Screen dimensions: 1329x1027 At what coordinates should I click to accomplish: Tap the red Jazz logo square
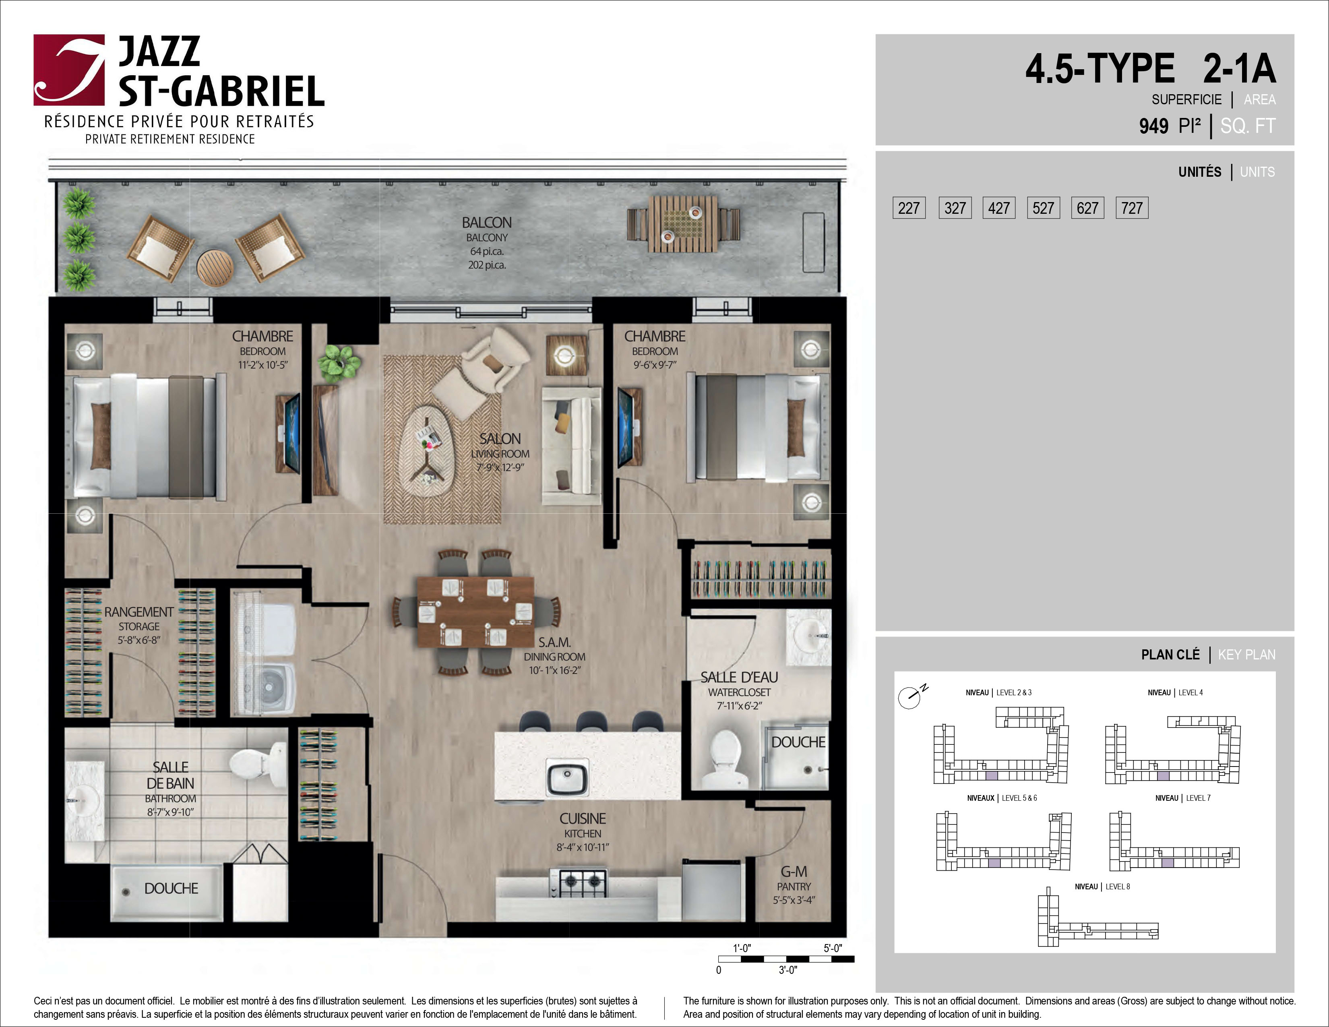click(x=69, y=70)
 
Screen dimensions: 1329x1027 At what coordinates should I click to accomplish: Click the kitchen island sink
click(x=567, y=777)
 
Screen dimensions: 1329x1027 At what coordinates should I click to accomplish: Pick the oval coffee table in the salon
click(x=428, y=450)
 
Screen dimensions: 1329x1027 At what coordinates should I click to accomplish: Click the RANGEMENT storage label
click(x=139, y=612)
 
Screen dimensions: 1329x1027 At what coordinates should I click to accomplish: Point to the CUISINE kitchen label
click(x=582, y=819)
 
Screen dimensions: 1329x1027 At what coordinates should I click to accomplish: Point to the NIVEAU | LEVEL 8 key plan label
click(x=1102, y=886)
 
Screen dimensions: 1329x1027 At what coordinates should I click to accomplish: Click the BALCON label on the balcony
click(x=486, y=223)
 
